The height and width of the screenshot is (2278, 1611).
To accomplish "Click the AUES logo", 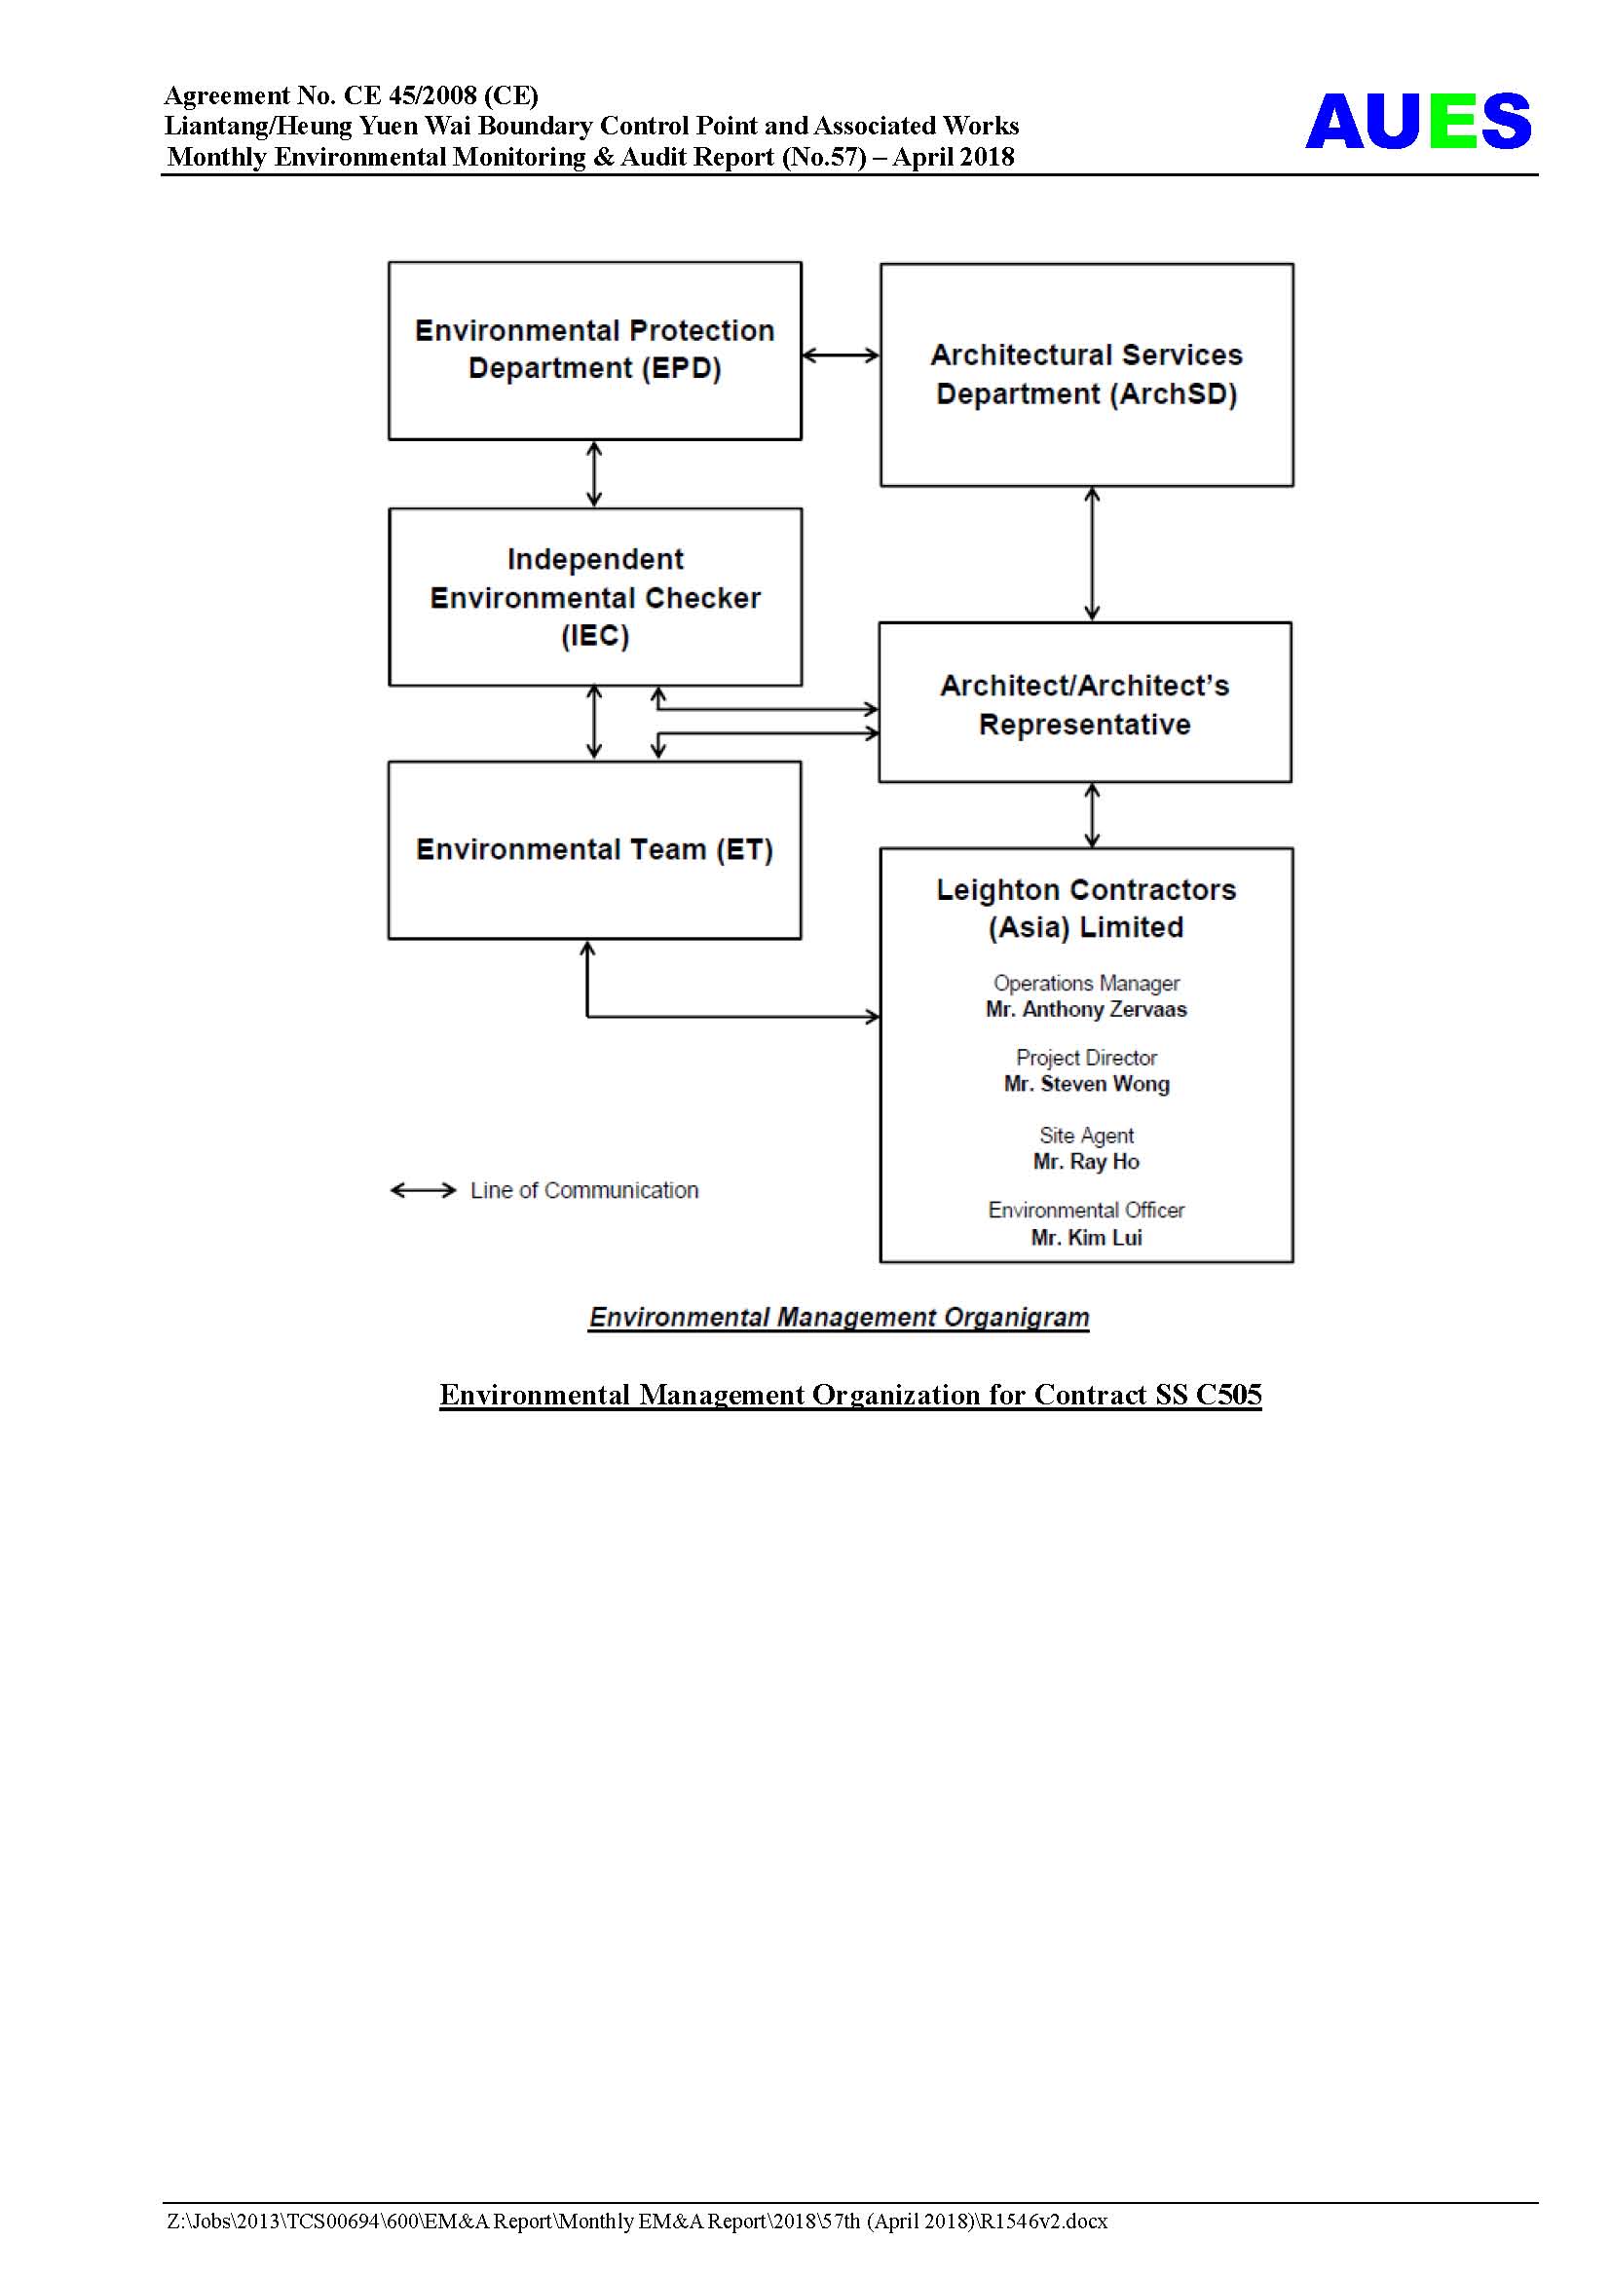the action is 1417,121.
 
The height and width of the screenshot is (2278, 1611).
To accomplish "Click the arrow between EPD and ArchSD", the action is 841,355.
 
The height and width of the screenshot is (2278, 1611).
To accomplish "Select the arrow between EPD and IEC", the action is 594,474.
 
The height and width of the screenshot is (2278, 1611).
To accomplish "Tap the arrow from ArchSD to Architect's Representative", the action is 1092,553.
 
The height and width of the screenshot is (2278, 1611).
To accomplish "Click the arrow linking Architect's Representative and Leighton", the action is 1092,814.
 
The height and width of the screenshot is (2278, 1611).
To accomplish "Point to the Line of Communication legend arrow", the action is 423,1189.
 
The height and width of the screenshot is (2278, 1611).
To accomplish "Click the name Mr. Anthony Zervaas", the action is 1086,1009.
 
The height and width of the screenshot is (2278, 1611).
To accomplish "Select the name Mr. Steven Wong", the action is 1086,1083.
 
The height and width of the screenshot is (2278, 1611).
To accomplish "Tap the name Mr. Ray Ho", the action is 1086,1161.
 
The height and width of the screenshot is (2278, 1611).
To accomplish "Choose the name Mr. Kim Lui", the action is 1086,1237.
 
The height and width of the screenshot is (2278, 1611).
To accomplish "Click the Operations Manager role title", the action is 1086,984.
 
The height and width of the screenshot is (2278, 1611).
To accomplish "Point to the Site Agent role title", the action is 1086,1135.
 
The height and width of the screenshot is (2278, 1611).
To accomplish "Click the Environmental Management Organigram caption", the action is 839,1317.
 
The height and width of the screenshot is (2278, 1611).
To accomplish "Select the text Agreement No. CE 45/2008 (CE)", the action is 352,95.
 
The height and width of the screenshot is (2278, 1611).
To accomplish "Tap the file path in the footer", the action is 637,2221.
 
